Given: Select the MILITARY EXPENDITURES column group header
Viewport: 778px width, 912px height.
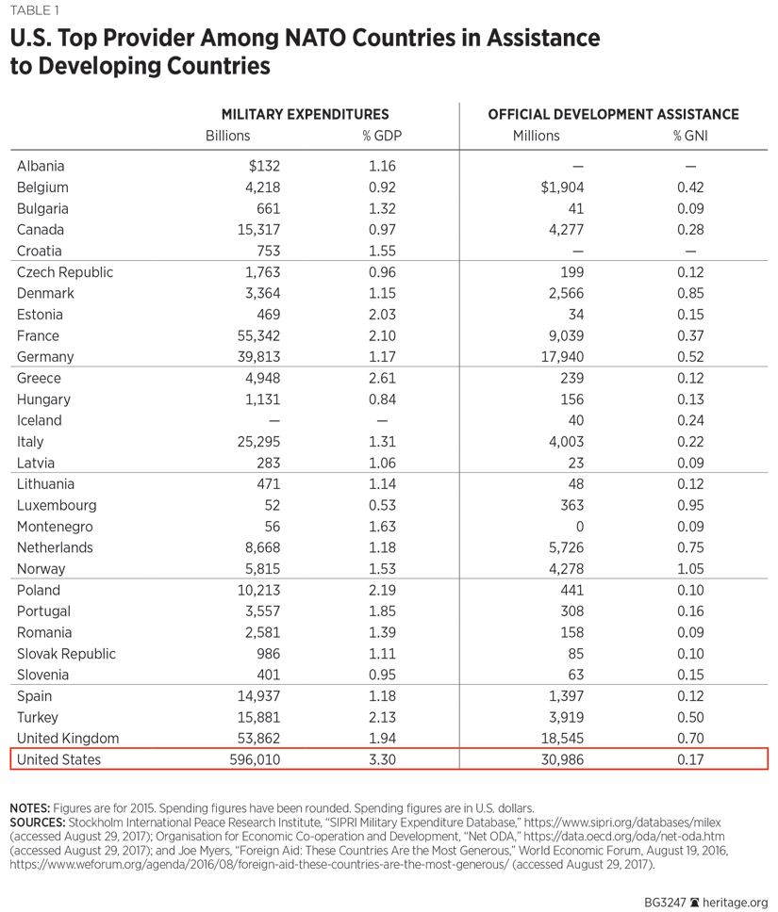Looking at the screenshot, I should [x=305, y=114].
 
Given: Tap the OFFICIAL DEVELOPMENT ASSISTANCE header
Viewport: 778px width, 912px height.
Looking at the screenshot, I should [x=613, y=114].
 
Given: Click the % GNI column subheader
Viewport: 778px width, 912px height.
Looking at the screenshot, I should [x=690, y=136].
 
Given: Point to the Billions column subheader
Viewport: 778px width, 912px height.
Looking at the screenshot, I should [x=228, y=136].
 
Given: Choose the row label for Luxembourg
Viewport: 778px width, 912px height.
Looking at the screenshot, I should [x=57, y=505].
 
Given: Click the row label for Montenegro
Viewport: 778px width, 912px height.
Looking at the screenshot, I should [x=55, y=527].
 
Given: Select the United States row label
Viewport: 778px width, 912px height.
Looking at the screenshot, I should [x=58, y=759].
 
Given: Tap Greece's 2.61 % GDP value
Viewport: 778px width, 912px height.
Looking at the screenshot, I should [x=381, y=378].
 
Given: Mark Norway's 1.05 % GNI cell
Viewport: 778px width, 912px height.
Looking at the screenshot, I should [x=690, y=569].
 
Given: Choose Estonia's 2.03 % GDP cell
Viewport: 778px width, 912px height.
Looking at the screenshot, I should [x=381, y=315].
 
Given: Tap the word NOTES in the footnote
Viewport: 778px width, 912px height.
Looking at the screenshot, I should [x=29, y=808].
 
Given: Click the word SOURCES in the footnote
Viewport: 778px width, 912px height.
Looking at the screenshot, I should [x=37, y=822].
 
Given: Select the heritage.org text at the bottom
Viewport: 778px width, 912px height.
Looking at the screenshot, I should [x=736, y=901].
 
